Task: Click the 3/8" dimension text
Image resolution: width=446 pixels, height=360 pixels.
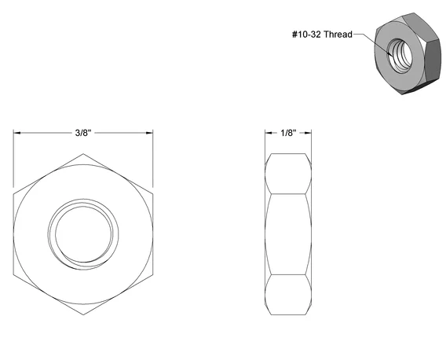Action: [83, 133]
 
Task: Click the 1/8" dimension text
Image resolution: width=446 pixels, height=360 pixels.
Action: [288, 133]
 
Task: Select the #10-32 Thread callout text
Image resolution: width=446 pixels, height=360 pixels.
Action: [322, 35]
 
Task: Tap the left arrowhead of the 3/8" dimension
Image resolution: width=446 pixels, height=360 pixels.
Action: [16, 133]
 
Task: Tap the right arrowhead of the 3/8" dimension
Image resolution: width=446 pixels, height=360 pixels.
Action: [149, 133]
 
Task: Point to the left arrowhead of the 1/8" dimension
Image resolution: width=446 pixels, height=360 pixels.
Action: [269, 133]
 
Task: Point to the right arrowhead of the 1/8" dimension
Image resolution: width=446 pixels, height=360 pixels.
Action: [308, 133]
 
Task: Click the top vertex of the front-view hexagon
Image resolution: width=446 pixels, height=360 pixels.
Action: [83, 154]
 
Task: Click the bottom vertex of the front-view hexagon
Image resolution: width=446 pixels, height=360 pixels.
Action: [83, 314]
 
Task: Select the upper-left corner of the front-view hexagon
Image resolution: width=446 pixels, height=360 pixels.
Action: [13, 194]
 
